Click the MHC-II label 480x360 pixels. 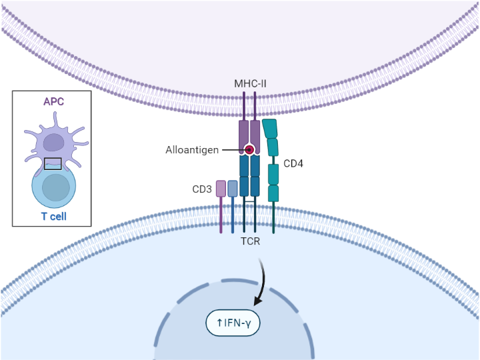(x=250, y=83)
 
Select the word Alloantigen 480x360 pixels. (x=192, y=150)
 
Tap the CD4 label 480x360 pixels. (x=293, y=163)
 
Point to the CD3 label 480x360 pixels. (x=202, y=189)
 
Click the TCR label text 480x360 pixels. (x=250, y=241)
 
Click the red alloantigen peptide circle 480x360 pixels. (x=249, y=150)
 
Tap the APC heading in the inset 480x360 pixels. (x=54, y=101)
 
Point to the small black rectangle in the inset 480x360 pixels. (x=53, y=163)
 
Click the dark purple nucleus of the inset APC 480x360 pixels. (x=54, y=143)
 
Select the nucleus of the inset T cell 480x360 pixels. (x=55, y=187)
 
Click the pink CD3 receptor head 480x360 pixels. (x=221, y=189)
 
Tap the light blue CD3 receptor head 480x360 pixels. (x=233, y=189)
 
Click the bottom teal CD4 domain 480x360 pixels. (x=273, y=193)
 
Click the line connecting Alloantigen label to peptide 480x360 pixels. (x=232, y=150)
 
